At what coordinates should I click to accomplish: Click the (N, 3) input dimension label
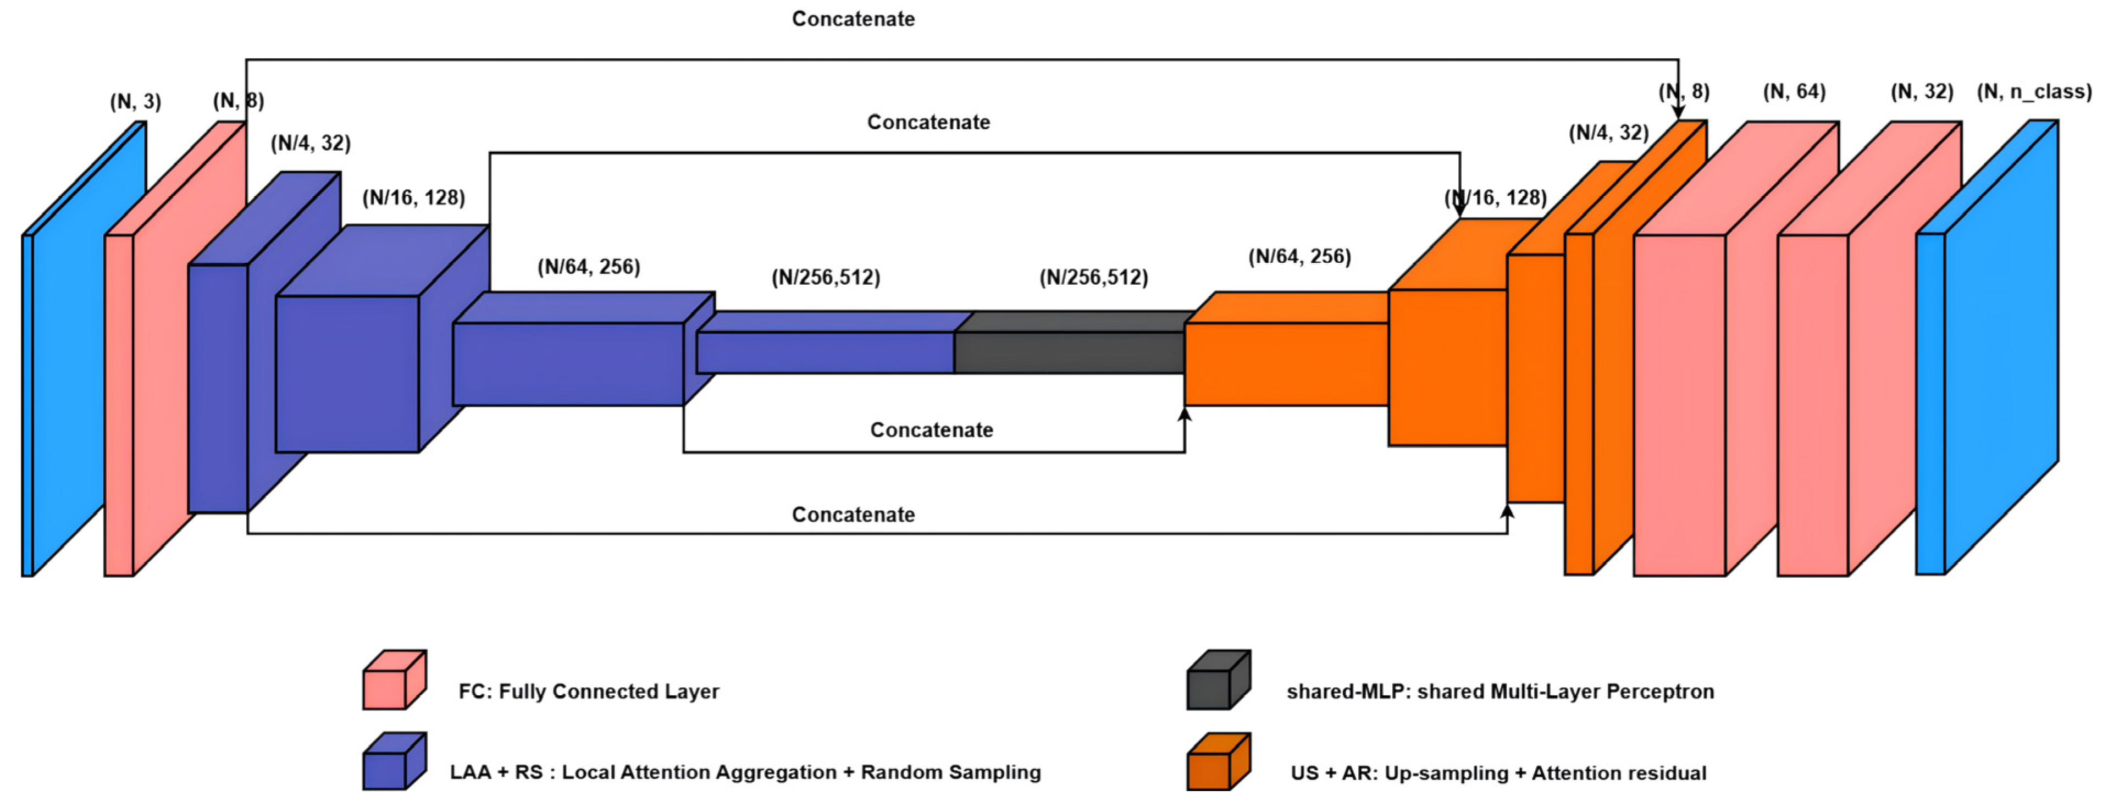136,102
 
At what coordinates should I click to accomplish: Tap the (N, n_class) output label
2034,92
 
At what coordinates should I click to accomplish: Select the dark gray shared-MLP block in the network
1069,352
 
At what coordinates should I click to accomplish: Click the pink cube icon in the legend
394,679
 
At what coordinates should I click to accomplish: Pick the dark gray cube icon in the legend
1218,679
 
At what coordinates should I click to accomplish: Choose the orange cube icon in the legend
1218,761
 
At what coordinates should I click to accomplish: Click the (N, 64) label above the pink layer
1794,92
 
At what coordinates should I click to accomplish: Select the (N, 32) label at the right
1922,92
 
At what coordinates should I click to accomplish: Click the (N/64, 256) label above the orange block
1299,256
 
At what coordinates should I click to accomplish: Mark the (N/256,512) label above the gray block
1093,278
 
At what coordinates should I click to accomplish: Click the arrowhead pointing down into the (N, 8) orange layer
1678,113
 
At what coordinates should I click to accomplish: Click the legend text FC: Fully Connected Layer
588,692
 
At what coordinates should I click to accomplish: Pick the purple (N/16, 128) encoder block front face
347,373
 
